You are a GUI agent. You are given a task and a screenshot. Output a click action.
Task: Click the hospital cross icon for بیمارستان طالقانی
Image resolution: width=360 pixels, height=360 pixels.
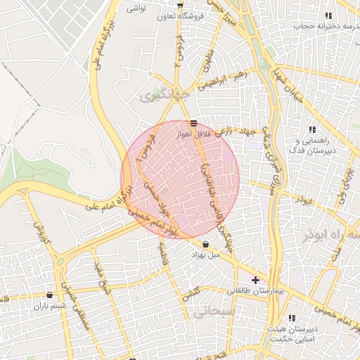pos(255,280)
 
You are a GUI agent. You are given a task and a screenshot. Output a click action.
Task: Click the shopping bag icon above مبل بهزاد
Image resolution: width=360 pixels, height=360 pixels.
pos(205,245)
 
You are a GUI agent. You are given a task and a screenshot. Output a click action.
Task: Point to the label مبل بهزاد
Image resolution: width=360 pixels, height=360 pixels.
pos(205,255)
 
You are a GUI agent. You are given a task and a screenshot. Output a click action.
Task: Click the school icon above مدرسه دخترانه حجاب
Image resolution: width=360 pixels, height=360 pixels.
pos(327,15)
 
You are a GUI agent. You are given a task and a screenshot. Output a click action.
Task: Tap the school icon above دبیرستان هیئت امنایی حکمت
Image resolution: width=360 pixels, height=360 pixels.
pos(292,318)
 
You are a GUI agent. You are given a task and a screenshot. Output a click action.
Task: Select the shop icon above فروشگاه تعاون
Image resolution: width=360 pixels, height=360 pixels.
pos(180,5)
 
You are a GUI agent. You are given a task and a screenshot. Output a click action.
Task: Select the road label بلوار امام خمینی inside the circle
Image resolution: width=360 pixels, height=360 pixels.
pos(160,225)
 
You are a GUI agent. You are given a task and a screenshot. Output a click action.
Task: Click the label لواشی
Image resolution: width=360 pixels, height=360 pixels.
pos(136,9)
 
